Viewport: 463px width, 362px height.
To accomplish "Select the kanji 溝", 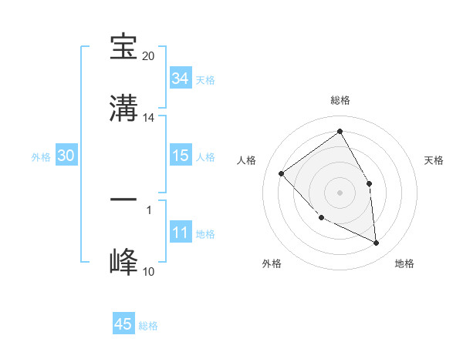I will [x=123, y=109].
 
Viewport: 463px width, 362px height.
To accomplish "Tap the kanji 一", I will [x=123, y=199].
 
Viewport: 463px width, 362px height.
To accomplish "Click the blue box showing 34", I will [x=180, y=79].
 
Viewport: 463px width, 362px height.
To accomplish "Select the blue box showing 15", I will [x=180, y=156].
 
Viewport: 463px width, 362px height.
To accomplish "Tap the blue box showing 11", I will [x=180, y=233].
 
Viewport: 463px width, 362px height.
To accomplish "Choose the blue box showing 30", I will [x=66, y=156].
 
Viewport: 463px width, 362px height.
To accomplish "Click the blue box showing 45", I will [x=123, y=324].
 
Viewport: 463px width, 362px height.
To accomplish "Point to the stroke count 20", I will [x=149, y=56].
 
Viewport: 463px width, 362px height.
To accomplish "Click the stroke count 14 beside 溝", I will [x=149, y=118].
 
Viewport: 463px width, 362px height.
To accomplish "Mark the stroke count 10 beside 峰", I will [x=149, y=271].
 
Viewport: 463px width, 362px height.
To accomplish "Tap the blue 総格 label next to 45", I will [x=148, y=326].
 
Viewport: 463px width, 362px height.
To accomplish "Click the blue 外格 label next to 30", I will [x=41, y=157].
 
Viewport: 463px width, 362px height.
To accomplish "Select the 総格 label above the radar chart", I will [x=340, y=100].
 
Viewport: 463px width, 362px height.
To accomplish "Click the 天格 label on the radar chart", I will [x=434, y=160].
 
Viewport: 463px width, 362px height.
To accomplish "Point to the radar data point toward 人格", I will [x=282, y=173].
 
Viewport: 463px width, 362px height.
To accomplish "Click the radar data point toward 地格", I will [x=377, y=243].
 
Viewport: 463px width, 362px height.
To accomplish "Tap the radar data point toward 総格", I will [x=340, y=132].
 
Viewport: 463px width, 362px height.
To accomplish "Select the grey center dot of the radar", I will [x=340, y=192].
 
